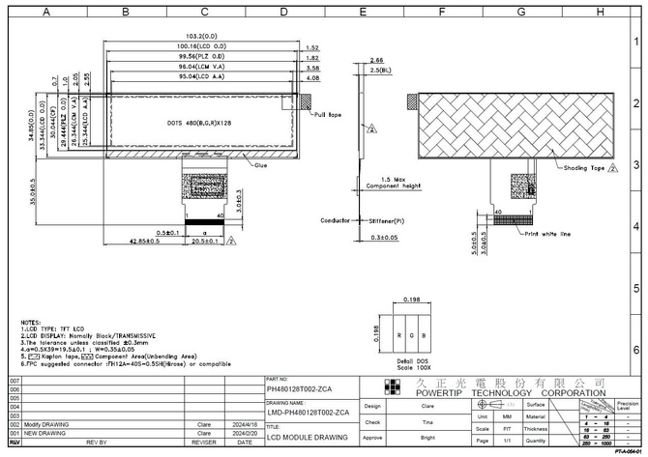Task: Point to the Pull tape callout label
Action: [328, 114]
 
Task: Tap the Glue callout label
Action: [261, 165]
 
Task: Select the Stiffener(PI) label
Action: [385, 220]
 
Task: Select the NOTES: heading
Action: [30, 322]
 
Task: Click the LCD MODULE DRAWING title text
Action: [306, 438]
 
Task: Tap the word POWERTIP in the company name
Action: [444, 393]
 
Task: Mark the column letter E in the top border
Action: [362, 12]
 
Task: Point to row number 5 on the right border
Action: [635, 288]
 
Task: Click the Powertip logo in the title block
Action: [392, 387]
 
